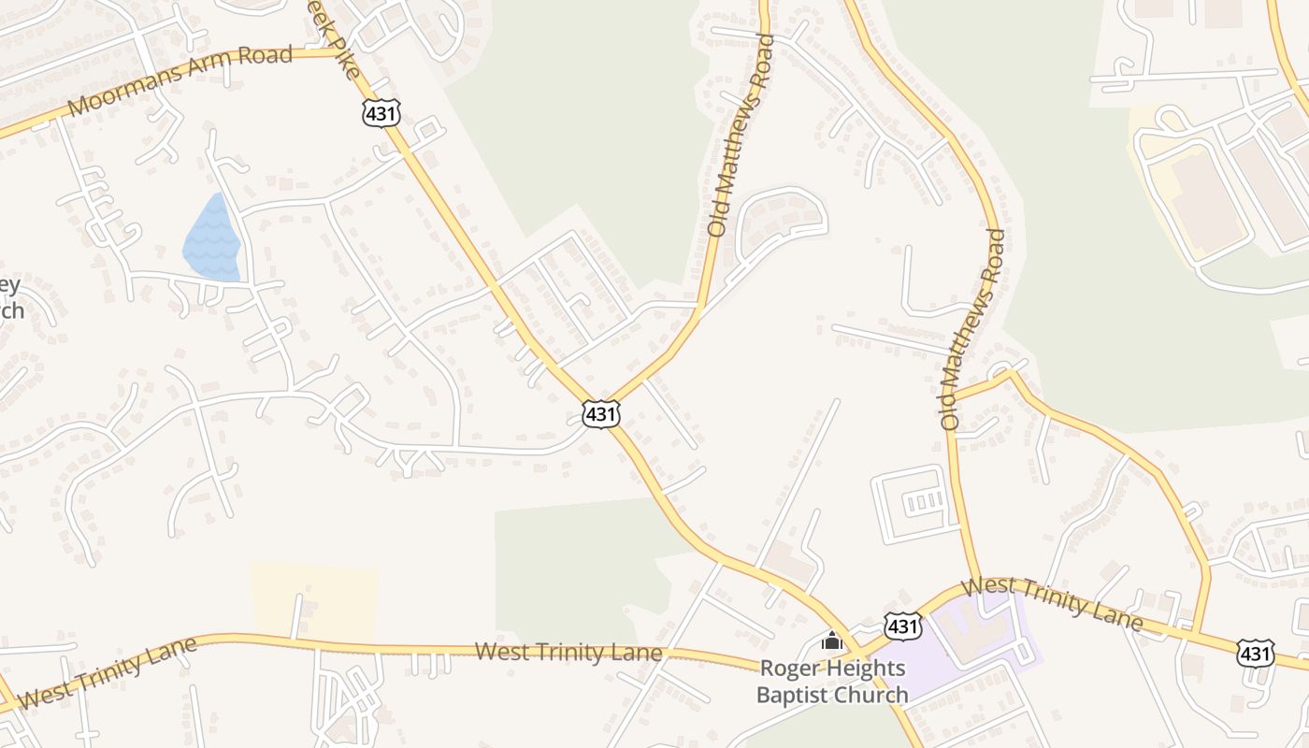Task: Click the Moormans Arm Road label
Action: (x=180, y=80)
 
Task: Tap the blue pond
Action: (x=212, y=241)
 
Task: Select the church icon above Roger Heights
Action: (x=831, y=641)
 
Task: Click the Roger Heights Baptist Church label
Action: (x=832, y=682)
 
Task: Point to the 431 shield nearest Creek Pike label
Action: (x=381, y=113)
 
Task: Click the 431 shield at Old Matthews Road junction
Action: (x=600, y=412)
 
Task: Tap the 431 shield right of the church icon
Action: (x=902, y=626)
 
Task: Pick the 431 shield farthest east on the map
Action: (x=1254, y=652)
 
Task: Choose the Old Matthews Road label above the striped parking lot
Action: (x=972, y=329)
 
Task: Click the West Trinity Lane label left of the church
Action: (x=568, y=652)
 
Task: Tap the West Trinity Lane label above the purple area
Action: (x=1052, y=603)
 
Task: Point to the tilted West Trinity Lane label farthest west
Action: (x=108, y=671)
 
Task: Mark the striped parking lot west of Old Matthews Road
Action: (x=915, y=503)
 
